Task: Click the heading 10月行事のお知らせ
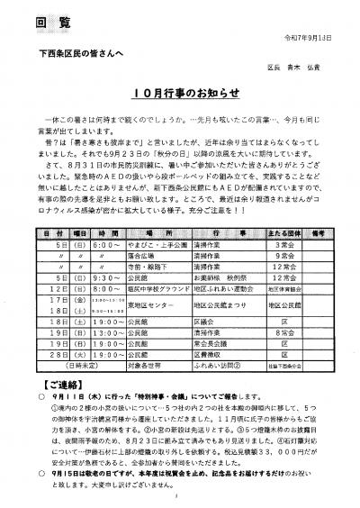[179, 93]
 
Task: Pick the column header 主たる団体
[282, 207]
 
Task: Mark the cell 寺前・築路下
[133, 241]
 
